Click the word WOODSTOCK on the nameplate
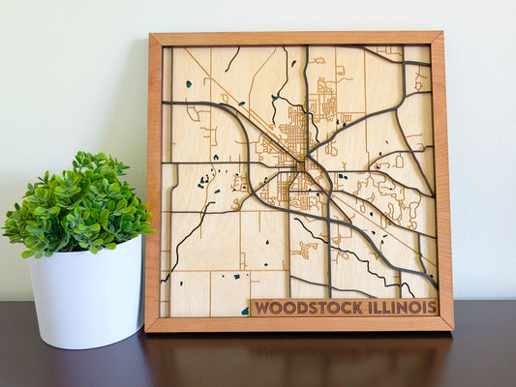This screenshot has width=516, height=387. click(x=308, y=308)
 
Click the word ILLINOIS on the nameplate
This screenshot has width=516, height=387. click(x=401, y=307)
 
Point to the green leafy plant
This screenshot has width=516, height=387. click(x=77, y=203)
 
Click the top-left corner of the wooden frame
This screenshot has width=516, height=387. click(x=150, y=35)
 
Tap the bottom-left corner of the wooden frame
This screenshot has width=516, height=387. click(x=147, y=330)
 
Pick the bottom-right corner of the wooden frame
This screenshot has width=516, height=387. click(x=451, y=328)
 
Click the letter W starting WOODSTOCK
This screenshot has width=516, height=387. click(x=260, y=309)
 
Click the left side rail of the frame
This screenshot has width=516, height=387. click(x=154, y=184)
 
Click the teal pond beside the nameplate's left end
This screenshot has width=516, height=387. click(x=244, y=311)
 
